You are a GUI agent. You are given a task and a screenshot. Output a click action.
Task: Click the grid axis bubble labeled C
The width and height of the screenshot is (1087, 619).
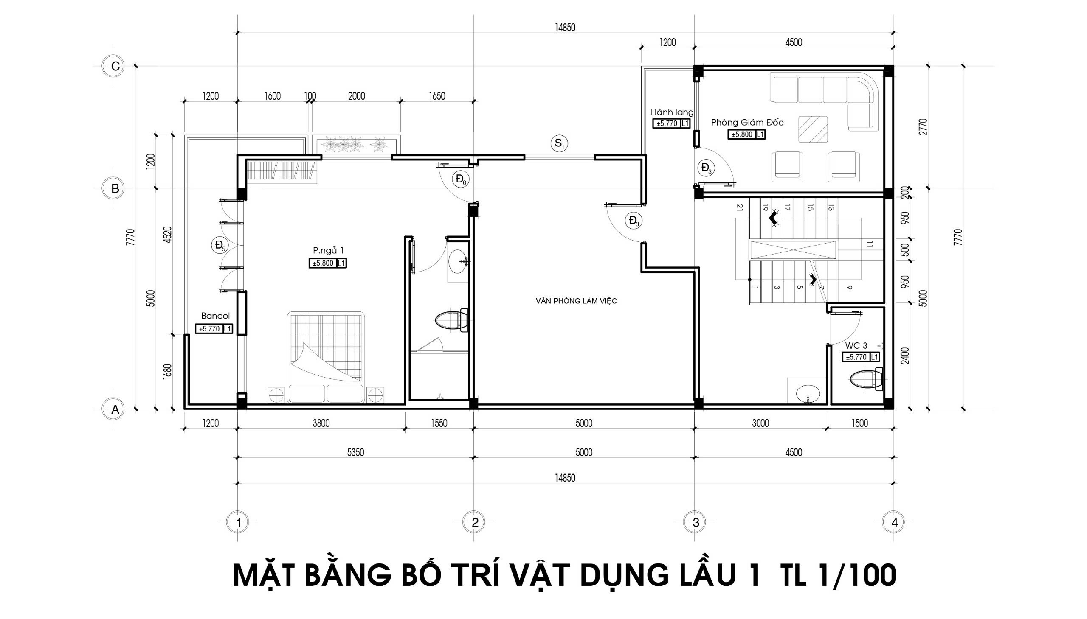[114, 66]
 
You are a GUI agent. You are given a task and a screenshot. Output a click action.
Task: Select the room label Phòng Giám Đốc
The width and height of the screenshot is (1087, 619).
[747, 123]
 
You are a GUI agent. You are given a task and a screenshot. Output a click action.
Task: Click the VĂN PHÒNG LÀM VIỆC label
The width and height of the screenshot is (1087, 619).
[577, 301]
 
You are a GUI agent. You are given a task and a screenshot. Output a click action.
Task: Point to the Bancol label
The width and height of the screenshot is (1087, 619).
[215, 316]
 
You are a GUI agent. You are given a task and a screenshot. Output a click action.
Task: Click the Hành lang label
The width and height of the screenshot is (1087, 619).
[672, 112]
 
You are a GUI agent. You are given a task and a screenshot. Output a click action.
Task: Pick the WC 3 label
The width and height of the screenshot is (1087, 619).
[856, 346]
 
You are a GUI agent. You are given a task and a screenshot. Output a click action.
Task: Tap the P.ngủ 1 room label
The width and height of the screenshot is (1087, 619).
[328, 251]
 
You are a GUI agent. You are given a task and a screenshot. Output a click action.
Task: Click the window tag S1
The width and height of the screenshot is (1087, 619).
[559, 143]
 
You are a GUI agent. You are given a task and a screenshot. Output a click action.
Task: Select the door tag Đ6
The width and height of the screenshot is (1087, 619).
[461, 179]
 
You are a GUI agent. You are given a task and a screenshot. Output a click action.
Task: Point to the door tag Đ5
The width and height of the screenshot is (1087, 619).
[220, 245]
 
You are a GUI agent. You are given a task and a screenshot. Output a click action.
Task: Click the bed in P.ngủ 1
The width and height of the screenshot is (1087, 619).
[326, 357]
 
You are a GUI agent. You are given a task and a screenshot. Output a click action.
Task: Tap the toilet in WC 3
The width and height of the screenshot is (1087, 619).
[865, 379]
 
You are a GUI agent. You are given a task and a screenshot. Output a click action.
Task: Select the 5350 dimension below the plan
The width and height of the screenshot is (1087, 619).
[356, 452]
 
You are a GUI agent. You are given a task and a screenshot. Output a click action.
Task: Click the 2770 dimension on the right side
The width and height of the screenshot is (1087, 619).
[923, 127]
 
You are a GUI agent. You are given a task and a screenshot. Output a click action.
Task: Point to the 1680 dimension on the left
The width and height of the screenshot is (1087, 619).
[167, 372]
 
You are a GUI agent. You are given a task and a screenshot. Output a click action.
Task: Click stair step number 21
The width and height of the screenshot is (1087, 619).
[740, 207]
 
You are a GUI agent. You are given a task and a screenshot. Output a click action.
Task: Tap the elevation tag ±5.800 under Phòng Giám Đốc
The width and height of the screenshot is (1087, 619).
[742, 134]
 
